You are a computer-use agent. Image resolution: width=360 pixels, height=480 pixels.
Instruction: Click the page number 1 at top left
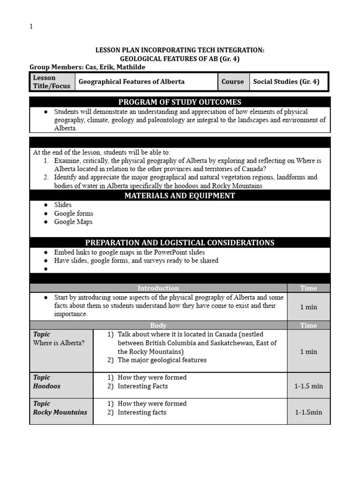(31, 27)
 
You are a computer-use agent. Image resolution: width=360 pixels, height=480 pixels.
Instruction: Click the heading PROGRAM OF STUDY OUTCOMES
(180, 102)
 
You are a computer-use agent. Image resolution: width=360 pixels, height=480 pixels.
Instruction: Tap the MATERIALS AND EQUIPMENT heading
(180, 195)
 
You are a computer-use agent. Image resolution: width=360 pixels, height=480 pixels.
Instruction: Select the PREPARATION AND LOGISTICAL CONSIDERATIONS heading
(180, 242)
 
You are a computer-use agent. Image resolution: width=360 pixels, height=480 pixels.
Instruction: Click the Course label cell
(232, 82)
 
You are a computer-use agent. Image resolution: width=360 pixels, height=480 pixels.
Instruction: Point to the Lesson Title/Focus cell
(52, 82)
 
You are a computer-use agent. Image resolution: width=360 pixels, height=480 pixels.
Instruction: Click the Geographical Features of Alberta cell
(132, 82)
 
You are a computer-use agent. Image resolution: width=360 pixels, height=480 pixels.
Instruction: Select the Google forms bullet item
(74, 213)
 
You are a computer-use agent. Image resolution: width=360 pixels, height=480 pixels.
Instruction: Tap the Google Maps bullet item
(73, 222)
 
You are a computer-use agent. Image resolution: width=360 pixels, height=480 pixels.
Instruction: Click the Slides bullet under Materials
(63, 204)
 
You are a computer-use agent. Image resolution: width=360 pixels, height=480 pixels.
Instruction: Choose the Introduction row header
(158, 288)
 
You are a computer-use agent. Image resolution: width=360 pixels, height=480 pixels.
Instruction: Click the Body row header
(158, 325)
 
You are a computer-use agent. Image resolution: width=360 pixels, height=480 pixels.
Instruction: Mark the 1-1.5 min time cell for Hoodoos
(308, 386)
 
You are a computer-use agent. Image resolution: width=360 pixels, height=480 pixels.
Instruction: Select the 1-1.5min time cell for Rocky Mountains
(308, 412)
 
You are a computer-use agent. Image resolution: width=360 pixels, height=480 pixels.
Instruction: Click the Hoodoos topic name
(47, 386)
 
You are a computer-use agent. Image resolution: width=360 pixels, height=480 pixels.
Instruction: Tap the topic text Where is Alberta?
(59, 343)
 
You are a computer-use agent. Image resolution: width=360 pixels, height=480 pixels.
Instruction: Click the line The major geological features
(162, 360)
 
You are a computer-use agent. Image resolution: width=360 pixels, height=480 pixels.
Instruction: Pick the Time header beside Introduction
(308, 288)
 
